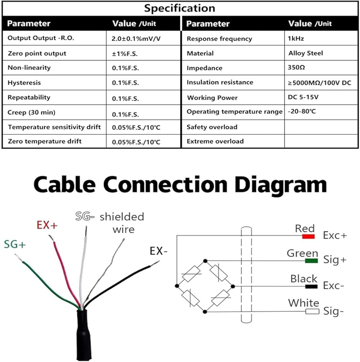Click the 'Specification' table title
click(179, 8)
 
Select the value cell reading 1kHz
click(296, 38)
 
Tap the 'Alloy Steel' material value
click(306, 53)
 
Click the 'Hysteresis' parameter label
click(24, 83)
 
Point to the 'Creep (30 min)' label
click(32, 113)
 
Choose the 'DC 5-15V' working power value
click(303, 97)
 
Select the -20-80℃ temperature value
click(302, 111)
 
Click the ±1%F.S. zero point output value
click(125, 54)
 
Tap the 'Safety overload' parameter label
click(212, 127)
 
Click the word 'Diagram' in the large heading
click(281, 185)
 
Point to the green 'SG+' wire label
click(15, 244)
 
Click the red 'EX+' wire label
click(47, 225)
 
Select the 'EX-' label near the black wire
click(158, 251)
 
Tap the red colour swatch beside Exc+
click(309, 236)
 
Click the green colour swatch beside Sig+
click(311, 261)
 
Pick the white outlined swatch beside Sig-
click(312, 311)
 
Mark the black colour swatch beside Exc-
click(311, 286)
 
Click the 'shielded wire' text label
click(122, 223)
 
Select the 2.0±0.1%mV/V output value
click(136, 39)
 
